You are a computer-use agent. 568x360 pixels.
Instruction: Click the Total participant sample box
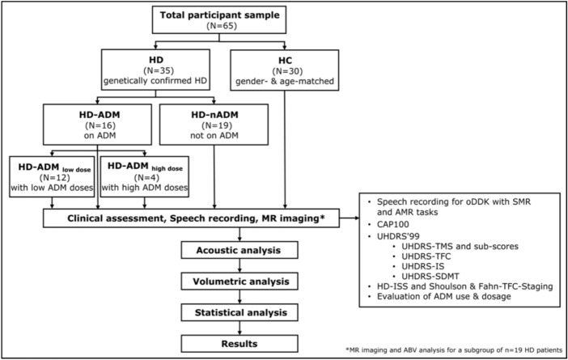pyautogui.click(x=219, y=20)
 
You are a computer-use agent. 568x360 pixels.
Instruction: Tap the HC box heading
pyautogui.click(x=285, y=61)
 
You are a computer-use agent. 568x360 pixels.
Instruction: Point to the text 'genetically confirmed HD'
pyautogui.click(x=155, y=80)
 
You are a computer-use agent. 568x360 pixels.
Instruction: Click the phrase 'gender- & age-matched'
pyautogui.click(x=285, y=81)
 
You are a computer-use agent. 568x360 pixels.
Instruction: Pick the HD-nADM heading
pyautogui.click(x=214, y=115)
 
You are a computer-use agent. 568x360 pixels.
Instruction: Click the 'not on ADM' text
pyautogui.click(x=214, y=135)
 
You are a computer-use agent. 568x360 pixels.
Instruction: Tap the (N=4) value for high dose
pyautogui.click(x=145, y=177)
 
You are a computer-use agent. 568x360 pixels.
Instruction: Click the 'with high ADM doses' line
pyautogui.click(x=145, y=188)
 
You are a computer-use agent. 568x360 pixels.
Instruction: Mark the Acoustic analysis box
pyautogui.click(x=239, y=250)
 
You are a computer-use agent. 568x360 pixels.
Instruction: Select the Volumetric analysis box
pyautogui.click(x=239, y=282)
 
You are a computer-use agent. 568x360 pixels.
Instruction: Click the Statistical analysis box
pyautogui.click(x=239, y=312)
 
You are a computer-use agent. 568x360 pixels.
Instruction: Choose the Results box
pyautogui.click(x=239, y=344)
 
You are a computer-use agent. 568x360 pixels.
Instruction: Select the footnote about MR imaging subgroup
pyautogui.click(x=454, y=349)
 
